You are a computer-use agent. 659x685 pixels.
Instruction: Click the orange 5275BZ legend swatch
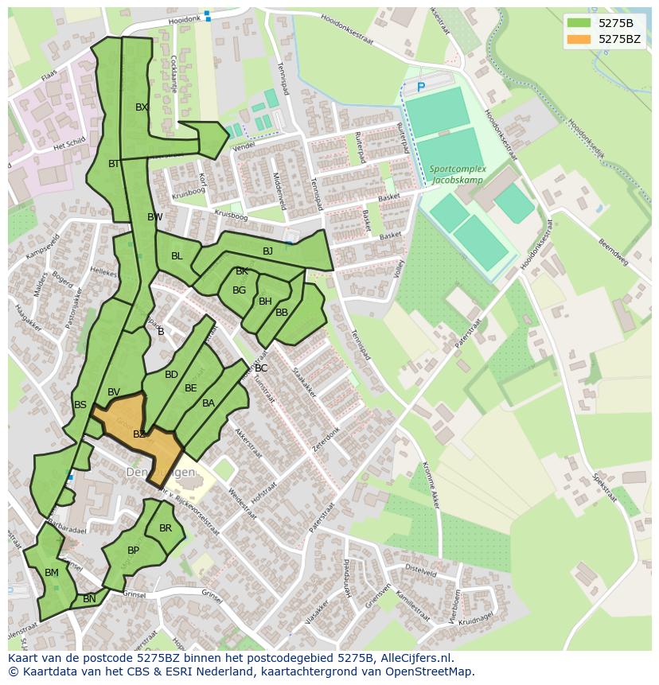tap(579, 39)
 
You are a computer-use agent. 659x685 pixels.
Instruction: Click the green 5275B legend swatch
tap(579, 22)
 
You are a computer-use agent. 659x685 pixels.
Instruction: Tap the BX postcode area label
tap(142, 107)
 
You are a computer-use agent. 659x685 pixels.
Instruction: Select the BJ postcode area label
tap(267, 251)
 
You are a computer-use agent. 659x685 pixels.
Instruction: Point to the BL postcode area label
tap(177, 256)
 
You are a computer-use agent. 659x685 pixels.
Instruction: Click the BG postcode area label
tap(239, 290)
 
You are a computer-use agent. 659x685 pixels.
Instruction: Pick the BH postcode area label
tap(265, 302)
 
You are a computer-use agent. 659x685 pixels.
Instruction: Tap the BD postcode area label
tap(171, 375)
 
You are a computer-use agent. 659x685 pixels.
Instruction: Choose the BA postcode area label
tap(209, 403)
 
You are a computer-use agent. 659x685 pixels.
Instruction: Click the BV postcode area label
tap(114, 392)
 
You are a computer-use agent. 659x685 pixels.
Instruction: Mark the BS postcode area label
tap(80, 405)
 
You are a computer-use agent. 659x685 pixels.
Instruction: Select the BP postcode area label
tap(133, 551)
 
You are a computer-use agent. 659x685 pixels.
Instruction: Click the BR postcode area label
tap(166, 528)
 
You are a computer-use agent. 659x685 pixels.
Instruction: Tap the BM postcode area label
tap(52, 573)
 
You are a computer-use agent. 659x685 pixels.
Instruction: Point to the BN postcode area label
tap(89, 599)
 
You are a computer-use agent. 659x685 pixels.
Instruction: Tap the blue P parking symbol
tap(421, 86)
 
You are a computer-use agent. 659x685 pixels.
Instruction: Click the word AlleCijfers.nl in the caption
tap(415, 659)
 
